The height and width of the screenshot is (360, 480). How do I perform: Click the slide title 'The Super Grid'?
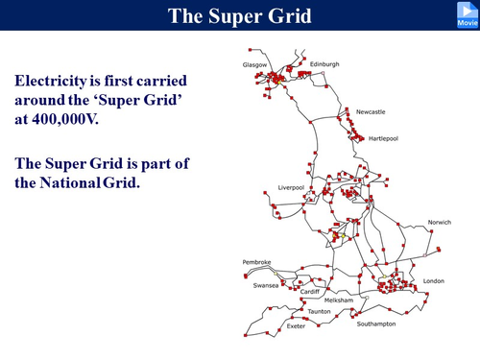pos(239,15)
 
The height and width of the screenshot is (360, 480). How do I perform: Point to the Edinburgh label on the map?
pos(322,64)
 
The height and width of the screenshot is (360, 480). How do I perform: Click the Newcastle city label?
pos(371,112)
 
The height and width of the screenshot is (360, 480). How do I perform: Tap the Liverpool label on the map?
pos(292,187)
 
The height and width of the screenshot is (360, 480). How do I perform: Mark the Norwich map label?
pos(440,223)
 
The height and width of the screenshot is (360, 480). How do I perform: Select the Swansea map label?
pos(266,285)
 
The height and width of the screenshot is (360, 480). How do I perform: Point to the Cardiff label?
pos(309,291)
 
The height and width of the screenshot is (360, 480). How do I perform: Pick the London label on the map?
pos(434,281)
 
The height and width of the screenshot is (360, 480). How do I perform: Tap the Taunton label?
pos(319,312)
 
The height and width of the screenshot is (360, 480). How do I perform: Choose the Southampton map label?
pos(376,324)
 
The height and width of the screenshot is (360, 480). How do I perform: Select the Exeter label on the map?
pos(296,326)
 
